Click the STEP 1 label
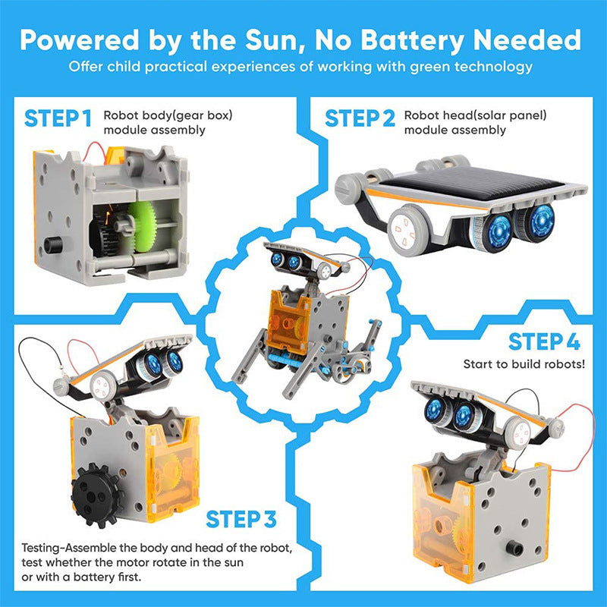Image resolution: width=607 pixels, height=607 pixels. (x=58, y=119)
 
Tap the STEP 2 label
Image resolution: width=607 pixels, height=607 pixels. (x=360, y=119)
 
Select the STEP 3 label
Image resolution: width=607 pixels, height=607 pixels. (x=241, y=520)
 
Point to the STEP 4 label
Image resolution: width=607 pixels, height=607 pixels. (x=544, y=342)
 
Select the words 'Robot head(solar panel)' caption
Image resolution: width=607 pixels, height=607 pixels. (x=475, y=116)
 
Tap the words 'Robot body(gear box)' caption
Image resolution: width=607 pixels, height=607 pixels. (x=168, y=116)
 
